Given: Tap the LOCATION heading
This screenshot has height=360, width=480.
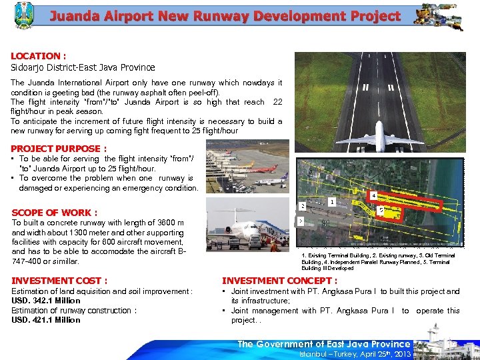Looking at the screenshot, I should pos(38,57).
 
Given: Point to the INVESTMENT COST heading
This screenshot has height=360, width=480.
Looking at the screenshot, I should pos(59,281).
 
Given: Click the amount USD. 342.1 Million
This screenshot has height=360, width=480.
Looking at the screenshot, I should pos(46,301).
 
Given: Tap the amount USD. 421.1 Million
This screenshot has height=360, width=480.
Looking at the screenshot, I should pos(46,319).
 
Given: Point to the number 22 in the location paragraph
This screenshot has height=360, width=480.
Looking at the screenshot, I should pos(277,102).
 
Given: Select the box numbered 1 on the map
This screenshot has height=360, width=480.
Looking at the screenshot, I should pos(331,201).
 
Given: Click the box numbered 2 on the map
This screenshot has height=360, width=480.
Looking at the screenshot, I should pos(303,206).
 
